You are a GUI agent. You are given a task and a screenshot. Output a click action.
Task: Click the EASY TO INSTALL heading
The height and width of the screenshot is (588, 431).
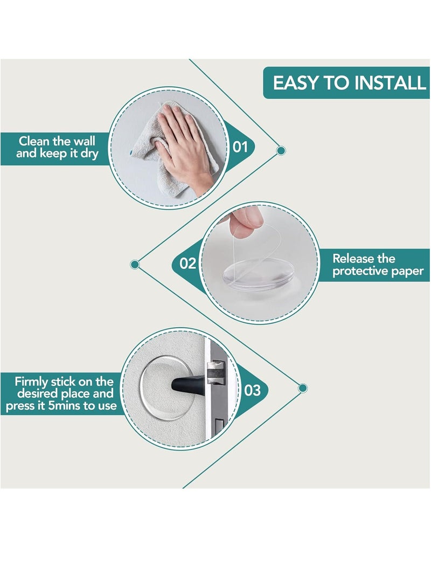pyautogui.click(x=349, y=83)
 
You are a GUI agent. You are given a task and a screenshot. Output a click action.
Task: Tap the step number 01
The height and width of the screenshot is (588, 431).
pyautogui.click(x=240, y=147)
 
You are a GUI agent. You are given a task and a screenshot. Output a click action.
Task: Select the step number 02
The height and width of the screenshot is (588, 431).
pyautogui.click(x=188, y=263)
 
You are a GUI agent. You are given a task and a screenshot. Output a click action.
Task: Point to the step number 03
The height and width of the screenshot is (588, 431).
pyautogui.click(x=252, y=390)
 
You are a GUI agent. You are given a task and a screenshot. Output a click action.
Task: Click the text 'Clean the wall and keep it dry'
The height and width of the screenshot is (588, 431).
pyautogui.click(x=57, y=147)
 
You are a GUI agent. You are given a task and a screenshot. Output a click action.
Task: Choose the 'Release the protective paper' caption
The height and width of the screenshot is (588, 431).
pyautogui.click(x=378, y=265)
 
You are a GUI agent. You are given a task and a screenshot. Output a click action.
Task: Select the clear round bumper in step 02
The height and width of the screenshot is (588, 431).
pyautogui.click(x=258, y=275)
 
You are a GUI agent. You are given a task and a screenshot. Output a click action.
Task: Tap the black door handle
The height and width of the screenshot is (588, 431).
pyautogui.click(x=188, y=385)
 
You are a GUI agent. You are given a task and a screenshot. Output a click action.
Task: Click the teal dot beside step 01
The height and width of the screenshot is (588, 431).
pyautogui.click(x=281, y=151)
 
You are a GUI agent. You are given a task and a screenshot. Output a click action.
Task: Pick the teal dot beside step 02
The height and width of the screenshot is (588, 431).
pyautogui.click(x=135, y=265)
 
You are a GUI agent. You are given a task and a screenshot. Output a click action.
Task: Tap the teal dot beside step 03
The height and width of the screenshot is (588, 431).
pyautogui.click(x=303, y=388)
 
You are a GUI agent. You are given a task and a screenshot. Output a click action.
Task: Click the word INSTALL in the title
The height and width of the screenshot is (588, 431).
pyautogui.click(x=390, y=83)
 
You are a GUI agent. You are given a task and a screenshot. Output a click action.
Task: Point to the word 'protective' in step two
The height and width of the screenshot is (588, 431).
pyautogui.click(x=360, y=272)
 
